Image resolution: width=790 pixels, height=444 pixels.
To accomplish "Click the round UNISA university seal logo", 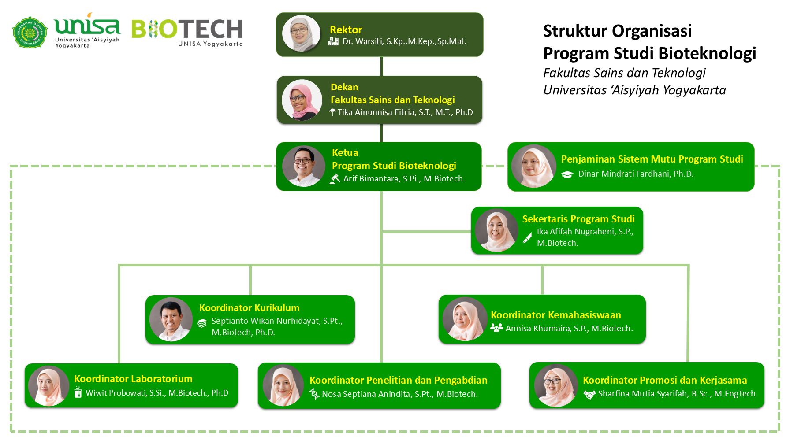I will (x=30, y=32).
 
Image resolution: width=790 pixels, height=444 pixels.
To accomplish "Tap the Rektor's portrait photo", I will (x=301, y=33).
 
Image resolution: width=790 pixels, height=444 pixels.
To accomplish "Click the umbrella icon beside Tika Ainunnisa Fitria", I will (x=333, y=113).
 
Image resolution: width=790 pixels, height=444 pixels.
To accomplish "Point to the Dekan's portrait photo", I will (x=302, y=100).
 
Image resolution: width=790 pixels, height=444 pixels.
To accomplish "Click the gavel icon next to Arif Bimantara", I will (x=335, y=178).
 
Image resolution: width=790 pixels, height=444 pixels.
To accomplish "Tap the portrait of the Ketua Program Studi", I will (x=303, y=166).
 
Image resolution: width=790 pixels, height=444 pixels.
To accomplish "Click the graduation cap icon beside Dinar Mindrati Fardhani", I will (x=567, y=174).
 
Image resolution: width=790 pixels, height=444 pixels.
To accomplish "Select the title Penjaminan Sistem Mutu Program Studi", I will (x=652, y=159).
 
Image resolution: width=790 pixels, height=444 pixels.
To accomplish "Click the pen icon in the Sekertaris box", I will (x=527, y=238).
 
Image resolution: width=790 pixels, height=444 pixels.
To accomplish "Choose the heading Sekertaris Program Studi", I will (x=578, y=219).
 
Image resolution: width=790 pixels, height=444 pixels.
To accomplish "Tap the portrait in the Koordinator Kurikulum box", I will (x=171, y=319).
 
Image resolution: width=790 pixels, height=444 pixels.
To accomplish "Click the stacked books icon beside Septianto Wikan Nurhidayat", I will (x=202, y=323).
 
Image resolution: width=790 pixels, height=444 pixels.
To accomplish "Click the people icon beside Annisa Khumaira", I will (x=496, y=328).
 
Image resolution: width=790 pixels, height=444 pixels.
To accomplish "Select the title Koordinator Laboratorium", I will (x=133, y=379).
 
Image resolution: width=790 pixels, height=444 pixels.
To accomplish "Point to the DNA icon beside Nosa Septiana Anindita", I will (x=314, y=394).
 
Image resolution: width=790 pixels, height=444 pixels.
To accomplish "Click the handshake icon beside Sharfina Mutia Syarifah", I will (x=589, y=394).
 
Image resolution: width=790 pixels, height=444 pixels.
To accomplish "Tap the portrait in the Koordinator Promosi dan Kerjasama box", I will (x=556, y=385).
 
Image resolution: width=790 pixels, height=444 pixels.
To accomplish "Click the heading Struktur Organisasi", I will (x=617, y=31).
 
